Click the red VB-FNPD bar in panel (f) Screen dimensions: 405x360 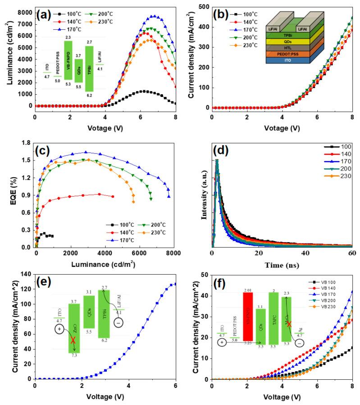tap(248, 316)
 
